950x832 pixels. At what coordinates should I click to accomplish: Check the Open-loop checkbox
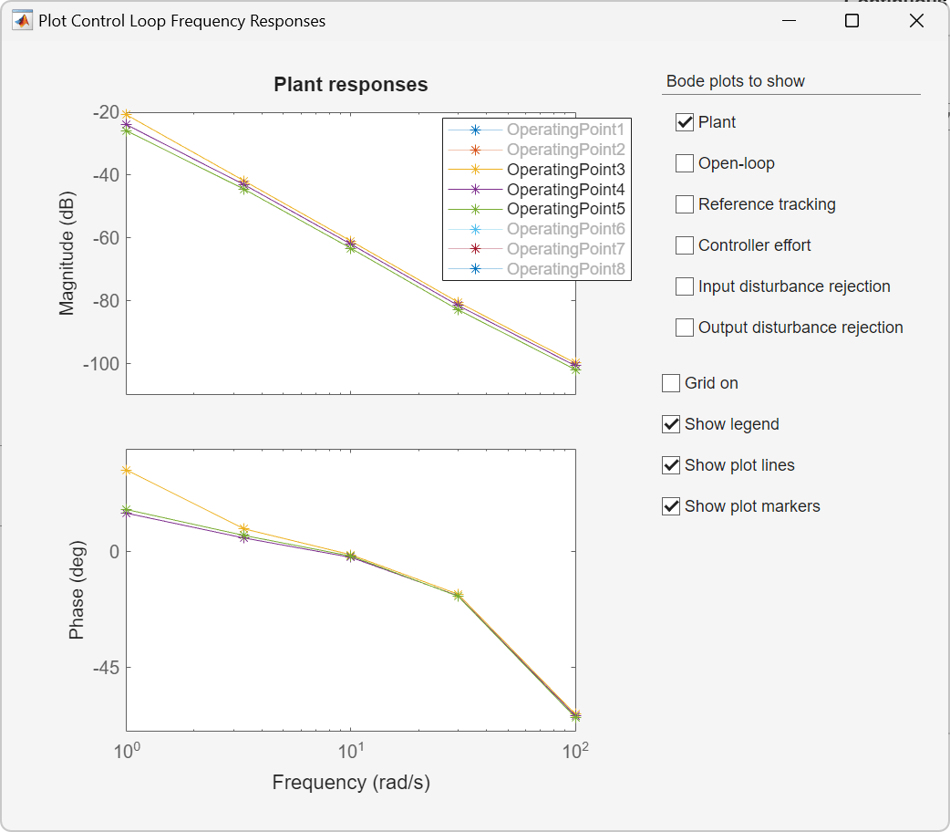[685, 163]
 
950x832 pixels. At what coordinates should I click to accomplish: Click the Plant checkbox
[685, 122]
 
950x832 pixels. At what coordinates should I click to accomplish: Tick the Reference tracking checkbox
[685, 204]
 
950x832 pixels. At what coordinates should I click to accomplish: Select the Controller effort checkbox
[685, 245]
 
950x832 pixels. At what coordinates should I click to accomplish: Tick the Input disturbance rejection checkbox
[685, 286]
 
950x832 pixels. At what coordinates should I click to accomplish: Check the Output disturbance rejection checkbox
[685, 328]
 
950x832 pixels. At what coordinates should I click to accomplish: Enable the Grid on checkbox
[671, 383]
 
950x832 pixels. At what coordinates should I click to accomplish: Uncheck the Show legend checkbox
[671, 424]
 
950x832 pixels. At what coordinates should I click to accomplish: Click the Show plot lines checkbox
[671, 465]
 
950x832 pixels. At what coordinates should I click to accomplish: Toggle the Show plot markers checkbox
[671, 506]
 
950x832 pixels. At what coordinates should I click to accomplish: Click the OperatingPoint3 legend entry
[565, 170]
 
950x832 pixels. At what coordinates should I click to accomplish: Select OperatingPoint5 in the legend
[565, 209]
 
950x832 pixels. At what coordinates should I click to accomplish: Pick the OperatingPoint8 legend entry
[565, 269]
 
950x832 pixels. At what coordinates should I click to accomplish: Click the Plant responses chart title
[351, 85]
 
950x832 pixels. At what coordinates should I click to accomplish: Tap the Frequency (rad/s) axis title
[351, 782]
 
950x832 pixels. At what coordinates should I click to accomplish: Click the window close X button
[917, 21]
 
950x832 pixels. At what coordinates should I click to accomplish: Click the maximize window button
[852, 21]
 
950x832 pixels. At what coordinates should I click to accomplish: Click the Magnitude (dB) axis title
[67, 254]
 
